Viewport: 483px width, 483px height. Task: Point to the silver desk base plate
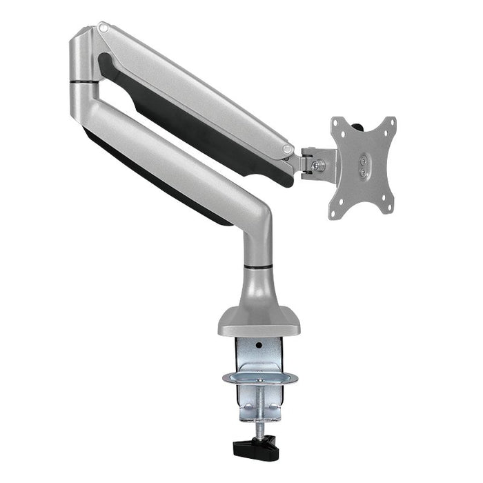pos(259,322)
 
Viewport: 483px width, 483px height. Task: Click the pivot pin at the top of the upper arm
pos(103,28)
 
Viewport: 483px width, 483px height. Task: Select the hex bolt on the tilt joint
pos(319,165)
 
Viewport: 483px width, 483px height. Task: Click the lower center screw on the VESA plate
pos(362,172)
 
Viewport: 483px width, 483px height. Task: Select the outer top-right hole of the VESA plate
pos(391,123)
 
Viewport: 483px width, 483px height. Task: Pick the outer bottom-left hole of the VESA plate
pos(334,214)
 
